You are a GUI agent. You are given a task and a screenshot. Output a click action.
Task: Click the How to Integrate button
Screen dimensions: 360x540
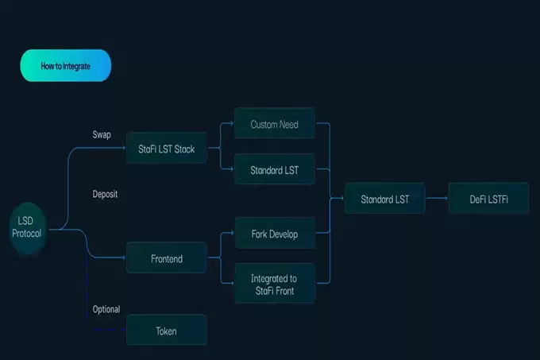coord(65,66)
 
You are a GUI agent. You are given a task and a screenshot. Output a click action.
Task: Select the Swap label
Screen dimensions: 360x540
coord(102,135)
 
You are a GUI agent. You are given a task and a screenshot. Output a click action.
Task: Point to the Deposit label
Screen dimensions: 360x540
coord(105,194)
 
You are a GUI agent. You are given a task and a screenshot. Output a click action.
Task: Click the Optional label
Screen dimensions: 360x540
coord(106,309)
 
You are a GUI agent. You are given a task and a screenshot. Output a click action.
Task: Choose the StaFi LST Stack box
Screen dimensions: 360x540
coord(167,149)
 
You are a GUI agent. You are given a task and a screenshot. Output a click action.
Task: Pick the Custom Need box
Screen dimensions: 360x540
coord(274,125)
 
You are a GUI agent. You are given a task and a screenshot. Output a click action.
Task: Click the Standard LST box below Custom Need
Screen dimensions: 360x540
coord(274,170)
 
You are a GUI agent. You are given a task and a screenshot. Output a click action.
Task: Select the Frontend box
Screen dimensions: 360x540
coord(167,258)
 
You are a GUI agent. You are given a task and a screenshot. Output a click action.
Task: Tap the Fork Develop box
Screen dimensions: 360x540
coord(274,235)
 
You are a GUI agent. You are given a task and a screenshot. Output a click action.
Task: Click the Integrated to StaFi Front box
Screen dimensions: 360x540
coord(274,284)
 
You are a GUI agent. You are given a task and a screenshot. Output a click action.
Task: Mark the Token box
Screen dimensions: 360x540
coord(167,330)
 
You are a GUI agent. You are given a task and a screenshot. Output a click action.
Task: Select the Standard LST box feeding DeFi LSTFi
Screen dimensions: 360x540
coord(384,199)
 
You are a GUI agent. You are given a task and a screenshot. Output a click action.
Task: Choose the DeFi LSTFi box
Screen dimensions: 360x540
coord(488,199)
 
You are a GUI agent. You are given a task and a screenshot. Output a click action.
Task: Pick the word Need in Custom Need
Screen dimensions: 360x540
coord(289,125)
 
